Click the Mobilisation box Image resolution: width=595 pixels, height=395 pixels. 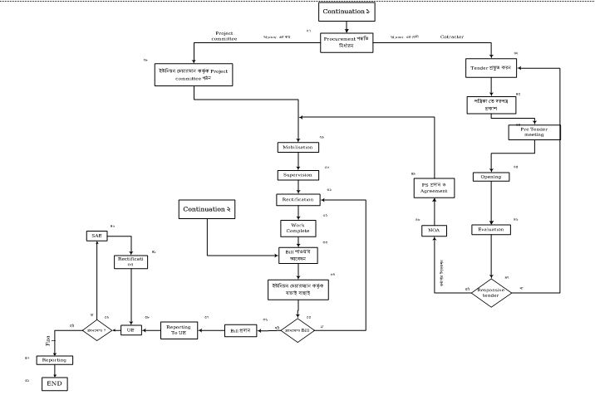[x=297, y=147]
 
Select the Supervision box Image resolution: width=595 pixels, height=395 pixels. [x=297, y=175]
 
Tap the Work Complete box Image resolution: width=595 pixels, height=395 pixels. [x=298, y=227]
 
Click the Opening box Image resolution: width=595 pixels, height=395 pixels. [x=491, y=177]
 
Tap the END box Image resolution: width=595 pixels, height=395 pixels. [x=54, y=383]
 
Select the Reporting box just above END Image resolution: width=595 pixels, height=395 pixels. [x=54, y=360]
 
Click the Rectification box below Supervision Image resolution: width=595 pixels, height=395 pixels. [x=297, y=200]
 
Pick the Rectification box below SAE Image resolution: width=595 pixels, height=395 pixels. [x=130, y=261]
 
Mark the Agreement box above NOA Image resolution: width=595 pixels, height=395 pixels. [x=433, y=188]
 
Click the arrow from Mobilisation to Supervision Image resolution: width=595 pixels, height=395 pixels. [x=297, y=161]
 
